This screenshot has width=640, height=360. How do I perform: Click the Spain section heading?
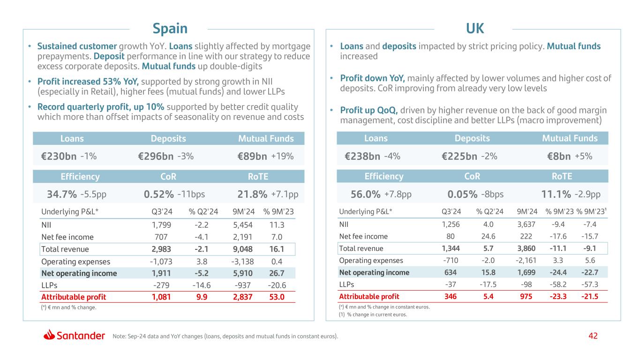(170, 29)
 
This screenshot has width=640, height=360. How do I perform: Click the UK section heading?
(474, 29)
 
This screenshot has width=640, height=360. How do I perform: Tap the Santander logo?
(75, 336)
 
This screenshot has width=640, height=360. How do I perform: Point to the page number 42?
(594, 336)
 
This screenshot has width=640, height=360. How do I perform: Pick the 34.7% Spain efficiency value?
(62, 194)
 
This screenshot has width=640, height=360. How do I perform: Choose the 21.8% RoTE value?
(252, 194)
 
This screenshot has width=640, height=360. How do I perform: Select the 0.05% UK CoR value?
(463, 194)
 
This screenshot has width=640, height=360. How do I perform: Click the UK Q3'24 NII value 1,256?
(451, 225)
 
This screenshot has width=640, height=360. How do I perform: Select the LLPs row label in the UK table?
(347, 285)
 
